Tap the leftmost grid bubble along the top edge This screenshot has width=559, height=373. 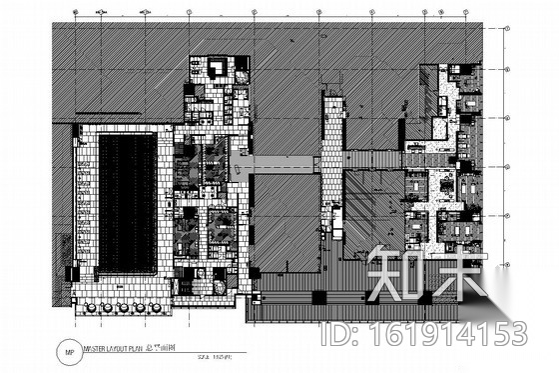point(77,13)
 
